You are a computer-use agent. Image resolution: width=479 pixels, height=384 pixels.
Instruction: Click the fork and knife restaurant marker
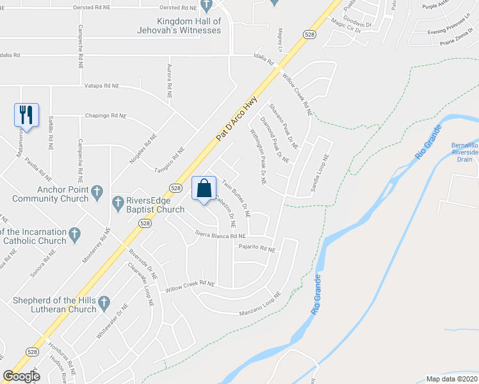click(26, 115)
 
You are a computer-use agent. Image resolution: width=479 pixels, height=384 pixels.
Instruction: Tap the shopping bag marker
click(204, 189)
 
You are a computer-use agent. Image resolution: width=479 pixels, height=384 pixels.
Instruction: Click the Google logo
click(21, 376)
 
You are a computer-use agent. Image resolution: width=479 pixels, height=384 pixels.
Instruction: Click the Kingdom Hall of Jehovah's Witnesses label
click(180, 26)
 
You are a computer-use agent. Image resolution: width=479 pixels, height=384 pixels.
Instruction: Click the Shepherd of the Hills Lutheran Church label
click(54, 305)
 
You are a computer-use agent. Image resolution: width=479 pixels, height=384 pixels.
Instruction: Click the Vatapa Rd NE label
click(102, 85)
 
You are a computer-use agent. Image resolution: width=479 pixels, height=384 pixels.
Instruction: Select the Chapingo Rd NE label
click(106, 116)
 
